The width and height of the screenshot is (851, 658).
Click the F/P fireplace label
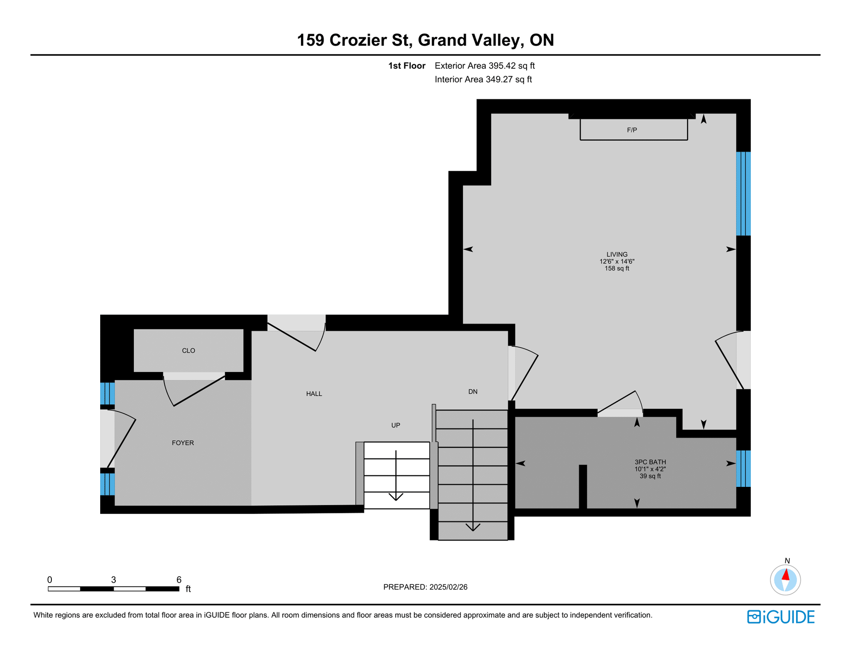click(x=632, y=130)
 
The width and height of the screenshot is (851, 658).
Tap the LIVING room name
click(x=617, y=255)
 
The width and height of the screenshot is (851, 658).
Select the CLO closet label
click(x=188, y=351)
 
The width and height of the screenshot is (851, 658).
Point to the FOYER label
click(x=183, y=443)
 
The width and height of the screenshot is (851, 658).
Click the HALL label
click(x=314, y=394)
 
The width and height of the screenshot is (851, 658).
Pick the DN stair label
click(x=473, y=392)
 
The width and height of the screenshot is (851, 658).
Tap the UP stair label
click(x=396, y=425)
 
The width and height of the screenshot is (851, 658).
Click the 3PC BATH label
click(x=650, y=462)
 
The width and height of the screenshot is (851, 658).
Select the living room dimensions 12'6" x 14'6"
click(x=617, y=262)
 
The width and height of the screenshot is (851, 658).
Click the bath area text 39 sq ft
click(x=650, y=476)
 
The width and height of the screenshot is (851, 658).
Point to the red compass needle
click(x=786, y=575)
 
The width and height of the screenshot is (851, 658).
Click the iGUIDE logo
click(x=781, y=617)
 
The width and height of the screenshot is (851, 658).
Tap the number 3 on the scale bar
click(x=113, y=580)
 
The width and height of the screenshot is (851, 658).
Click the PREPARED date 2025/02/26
click(x=449, y=587)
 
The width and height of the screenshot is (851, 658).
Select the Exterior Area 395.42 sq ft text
click(x=485, y=66)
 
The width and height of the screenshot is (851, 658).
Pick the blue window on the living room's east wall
click(x=743, y=194)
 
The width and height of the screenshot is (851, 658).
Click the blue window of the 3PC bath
click(x=743, y=469)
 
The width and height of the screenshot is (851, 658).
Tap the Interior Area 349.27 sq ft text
click(x=483, y=80)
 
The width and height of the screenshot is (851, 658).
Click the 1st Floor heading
click(x=407, y=66)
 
